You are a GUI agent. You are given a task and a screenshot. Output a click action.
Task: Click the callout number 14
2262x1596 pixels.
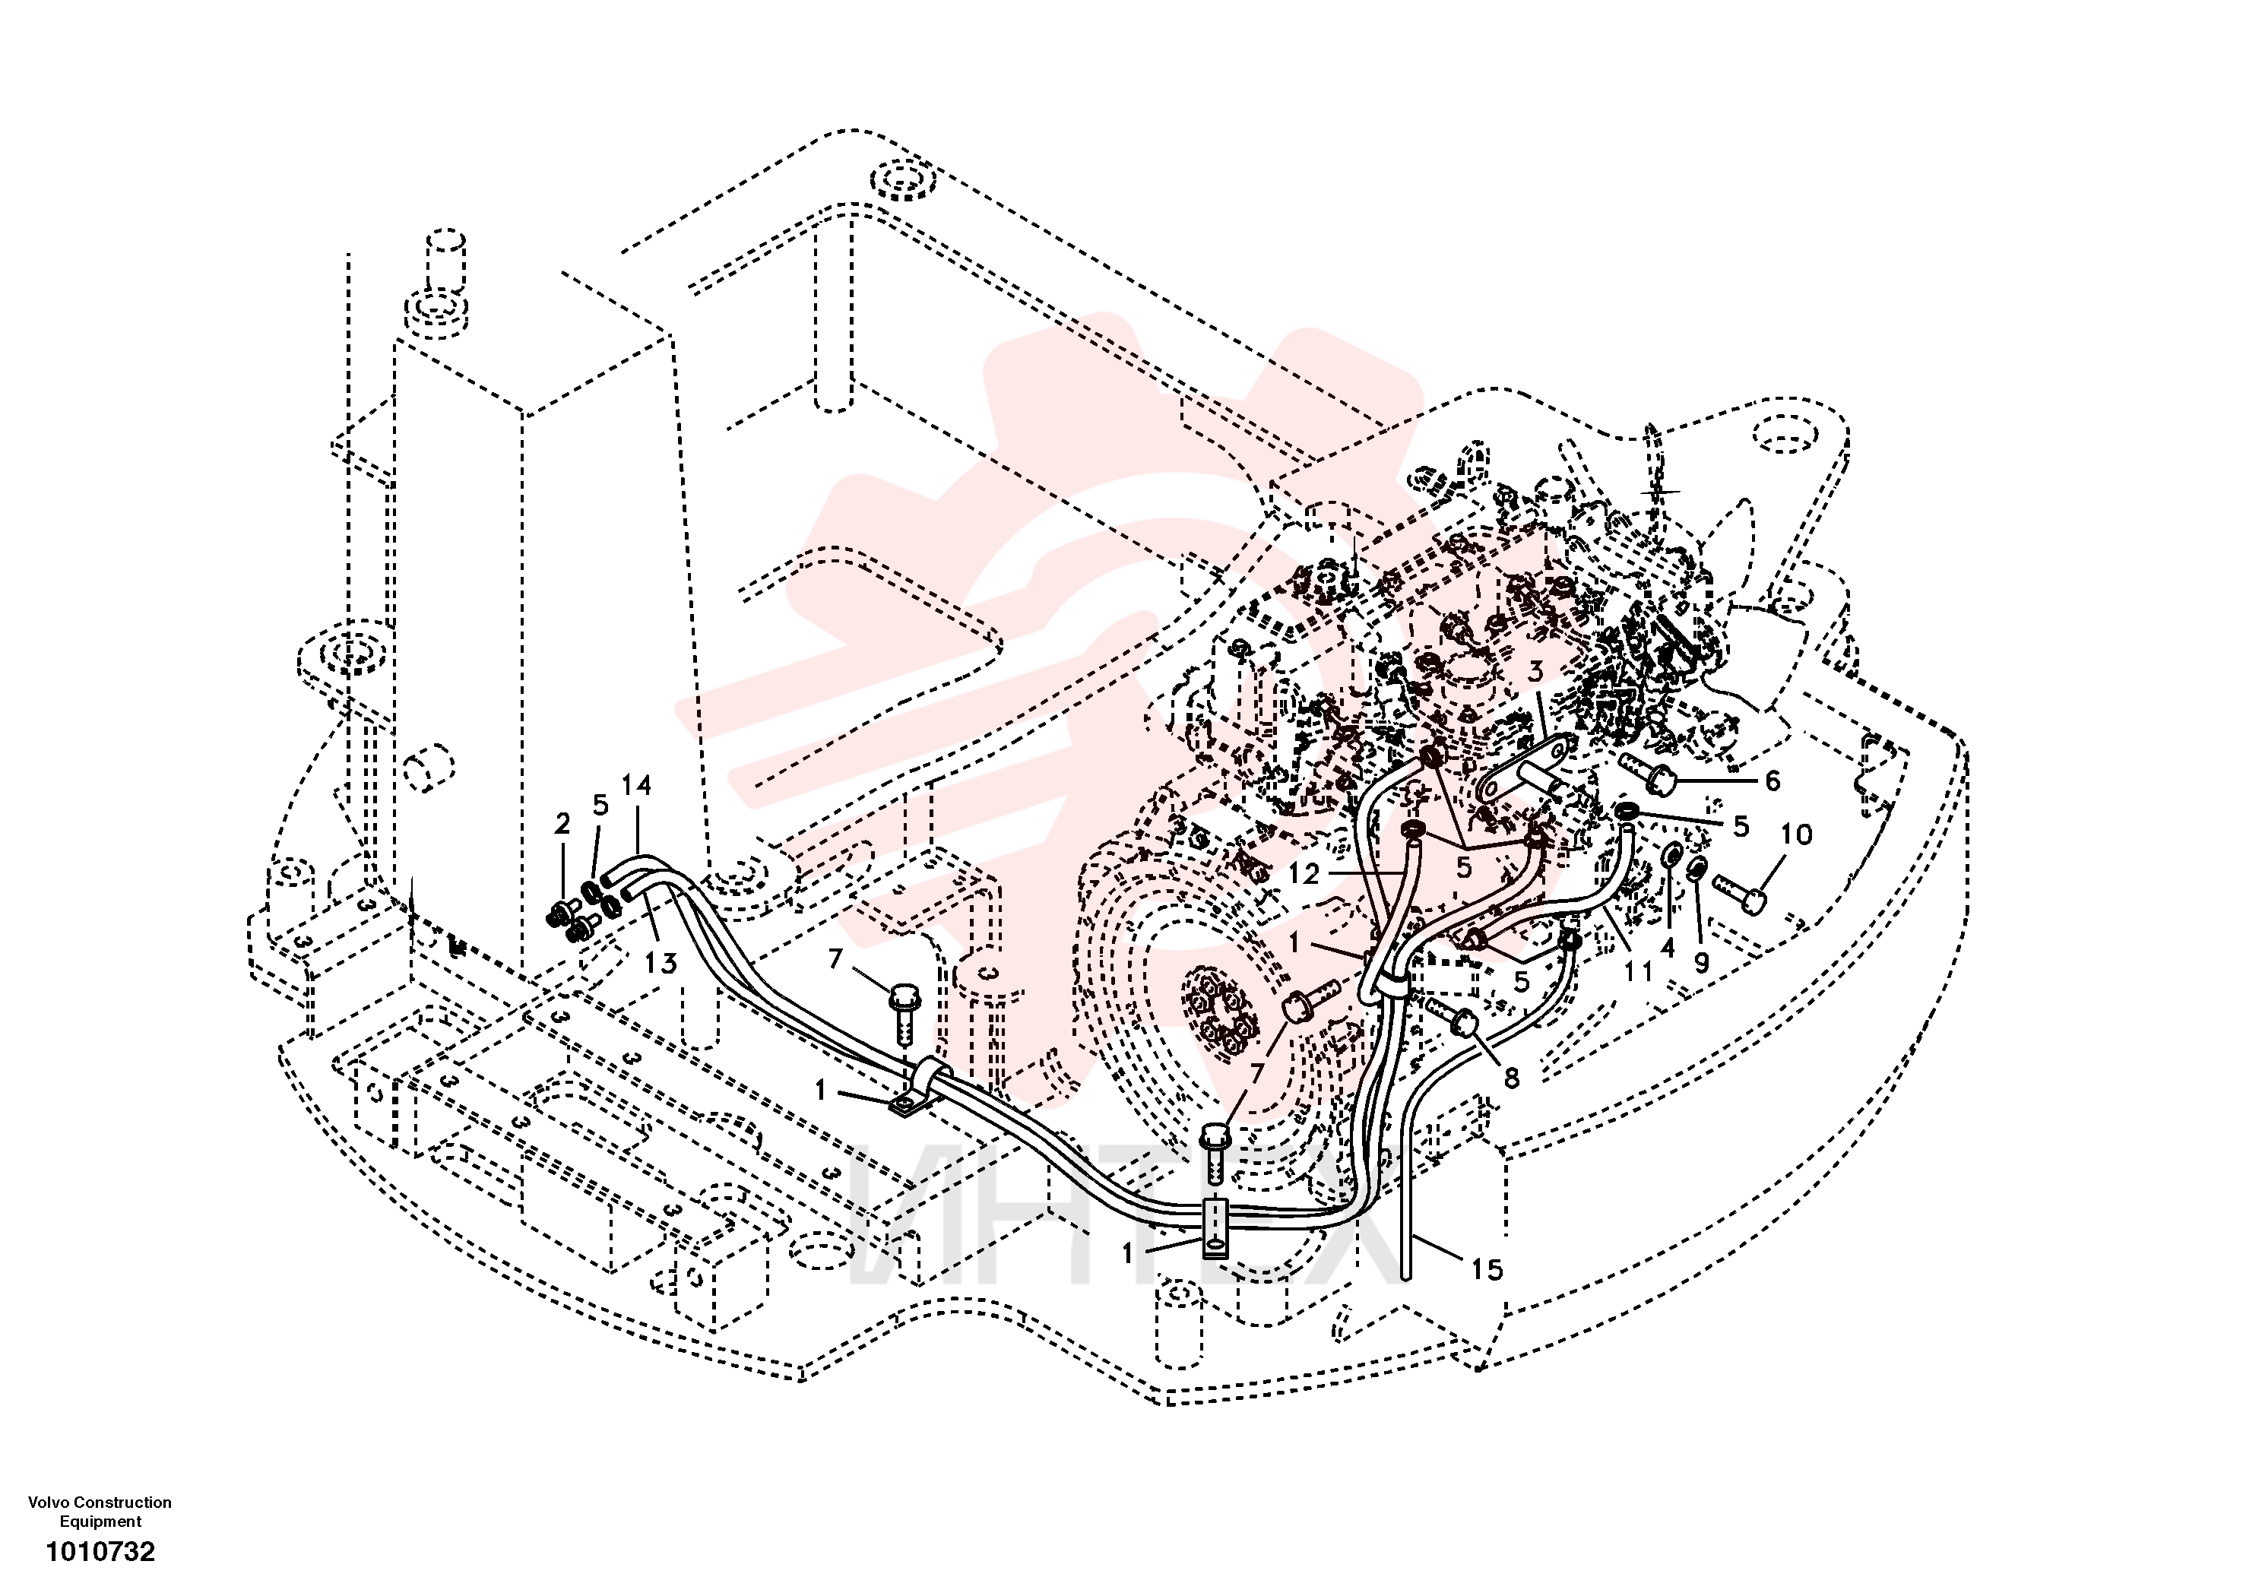point(636,785)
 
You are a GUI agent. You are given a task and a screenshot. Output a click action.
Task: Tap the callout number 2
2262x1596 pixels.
point(562,824)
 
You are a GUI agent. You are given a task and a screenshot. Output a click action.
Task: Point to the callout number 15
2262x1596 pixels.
point(1487,1270)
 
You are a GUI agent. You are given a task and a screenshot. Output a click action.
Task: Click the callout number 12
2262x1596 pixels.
point(1304,873)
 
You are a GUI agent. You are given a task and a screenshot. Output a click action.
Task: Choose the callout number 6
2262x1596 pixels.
point(1773,781)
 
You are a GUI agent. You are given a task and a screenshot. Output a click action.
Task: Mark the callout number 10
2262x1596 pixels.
point(1797,834)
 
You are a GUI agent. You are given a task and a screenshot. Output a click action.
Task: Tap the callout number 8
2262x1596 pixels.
point(1511,1078)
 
